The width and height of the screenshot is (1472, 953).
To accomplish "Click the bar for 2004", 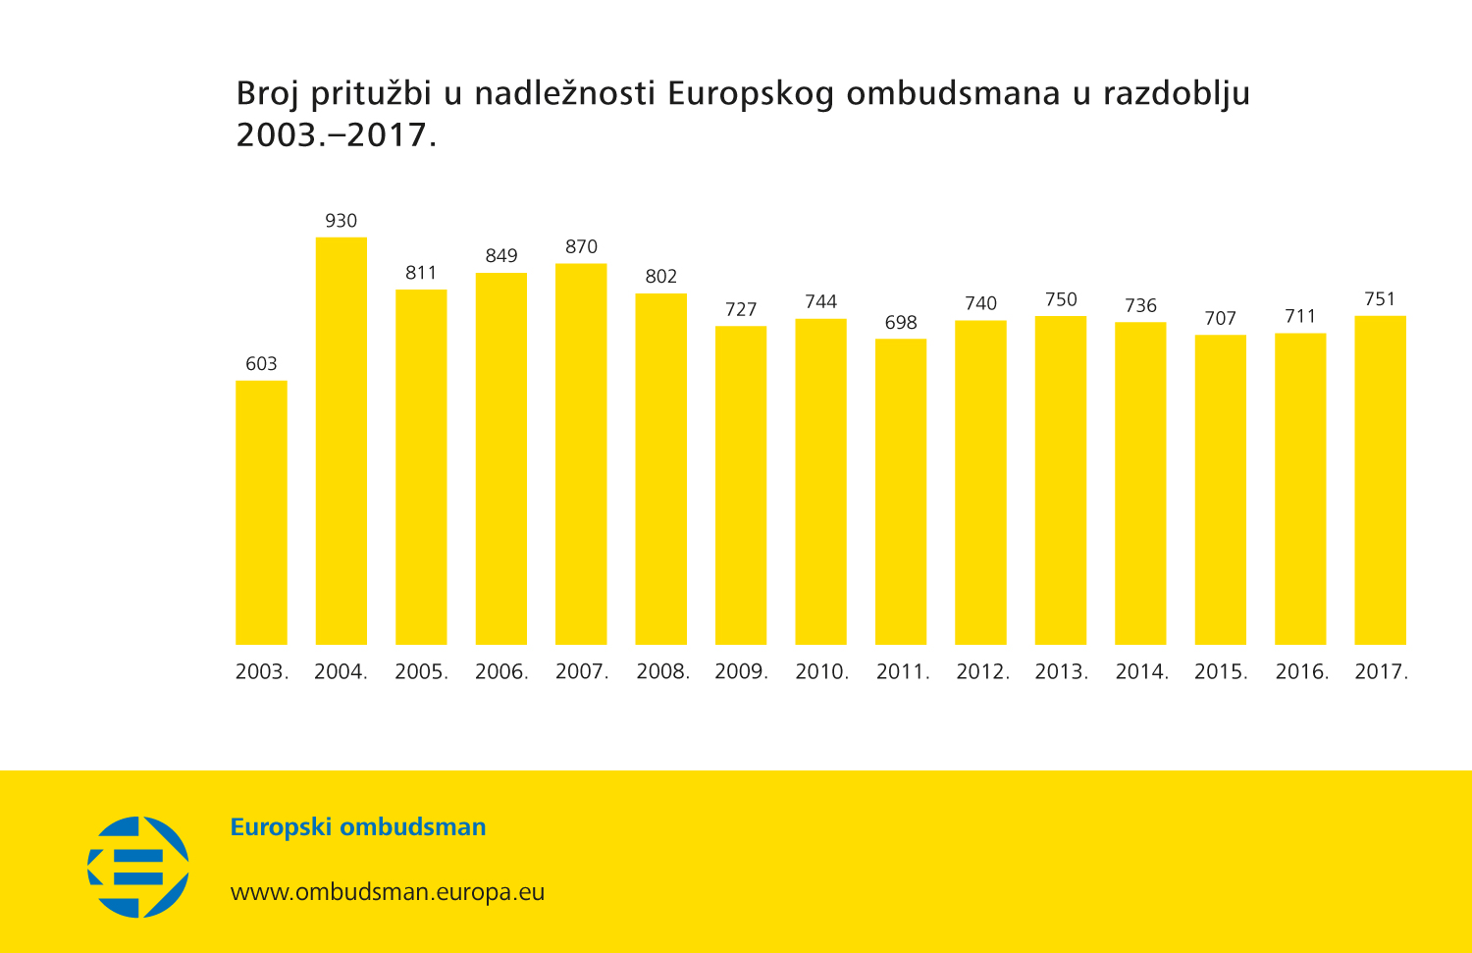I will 341,441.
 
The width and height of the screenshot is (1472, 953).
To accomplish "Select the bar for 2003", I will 261,512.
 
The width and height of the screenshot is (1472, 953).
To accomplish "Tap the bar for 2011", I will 901,492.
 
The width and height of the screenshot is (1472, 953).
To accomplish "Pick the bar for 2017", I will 1380,480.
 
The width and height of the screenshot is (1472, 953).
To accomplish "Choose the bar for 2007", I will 581,453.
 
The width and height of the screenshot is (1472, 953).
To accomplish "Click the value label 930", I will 341,221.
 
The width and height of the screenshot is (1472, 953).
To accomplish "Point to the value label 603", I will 261,364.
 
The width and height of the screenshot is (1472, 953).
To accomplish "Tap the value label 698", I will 901,323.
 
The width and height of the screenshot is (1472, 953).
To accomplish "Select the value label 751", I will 1380,299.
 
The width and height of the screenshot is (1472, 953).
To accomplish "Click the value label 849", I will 501,256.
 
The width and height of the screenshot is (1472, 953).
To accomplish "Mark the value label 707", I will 1220,319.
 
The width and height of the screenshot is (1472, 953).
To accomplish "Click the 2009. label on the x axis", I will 741,672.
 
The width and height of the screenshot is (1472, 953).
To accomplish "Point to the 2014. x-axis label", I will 1141,672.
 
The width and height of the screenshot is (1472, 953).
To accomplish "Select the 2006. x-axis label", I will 501,672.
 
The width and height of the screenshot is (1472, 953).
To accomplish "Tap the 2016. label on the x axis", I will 1301,672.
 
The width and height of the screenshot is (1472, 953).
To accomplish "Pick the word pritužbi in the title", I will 371,94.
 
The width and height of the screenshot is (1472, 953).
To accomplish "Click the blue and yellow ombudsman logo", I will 138,867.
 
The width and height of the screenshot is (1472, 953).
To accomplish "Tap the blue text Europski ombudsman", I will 358,827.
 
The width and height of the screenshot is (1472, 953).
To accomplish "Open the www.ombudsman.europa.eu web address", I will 388,892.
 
